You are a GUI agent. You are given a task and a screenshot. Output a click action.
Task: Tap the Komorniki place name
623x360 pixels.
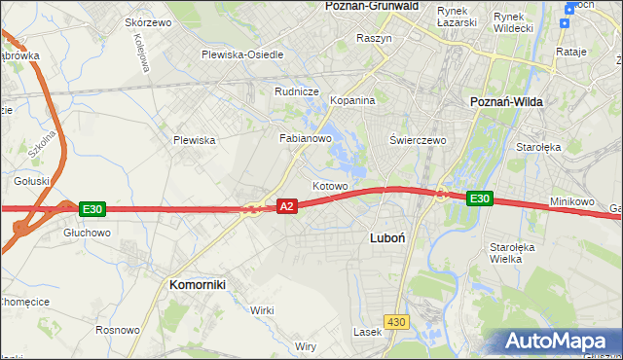tap(198, 284)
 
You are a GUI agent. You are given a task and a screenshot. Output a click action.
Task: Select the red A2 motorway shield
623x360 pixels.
tap(286, 206)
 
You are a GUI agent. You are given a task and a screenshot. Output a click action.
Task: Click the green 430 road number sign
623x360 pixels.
tap(395, 321)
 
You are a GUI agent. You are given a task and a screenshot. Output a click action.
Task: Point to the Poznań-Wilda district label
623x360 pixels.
tap(506, 102)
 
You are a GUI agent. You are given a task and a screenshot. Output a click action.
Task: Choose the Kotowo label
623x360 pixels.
tap(329, 185)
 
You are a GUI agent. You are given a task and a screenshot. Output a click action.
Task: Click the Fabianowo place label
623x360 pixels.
tap(307, 138)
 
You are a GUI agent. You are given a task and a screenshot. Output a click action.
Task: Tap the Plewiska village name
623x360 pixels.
tap(194, 140)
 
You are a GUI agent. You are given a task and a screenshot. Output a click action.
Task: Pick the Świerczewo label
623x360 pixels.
tap(418, 139)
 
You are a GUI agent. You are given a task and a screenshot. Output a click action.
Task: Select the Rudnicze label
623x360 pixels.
tap(297, 91)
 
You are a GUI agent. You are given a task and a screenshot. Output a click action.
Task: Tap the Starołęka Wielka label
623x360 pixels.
tap(512, 253)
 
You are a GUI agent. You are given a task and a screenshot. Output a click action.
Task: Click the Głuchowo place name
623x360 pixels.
tap(87, 233)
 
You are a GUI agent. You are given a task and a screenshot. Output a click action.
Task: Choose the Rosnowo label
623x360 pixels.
tap(117, 330)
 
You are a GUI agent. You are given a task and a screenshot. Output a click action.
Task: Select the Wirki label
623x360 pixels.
tap(262, 309)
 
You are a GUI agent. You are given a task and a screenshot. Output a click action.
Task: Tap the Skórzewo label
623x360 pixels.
tap(148, 21)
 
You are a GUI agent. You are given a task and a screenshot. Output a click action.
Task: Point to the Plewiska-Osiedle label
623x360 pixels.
tap(242, 54)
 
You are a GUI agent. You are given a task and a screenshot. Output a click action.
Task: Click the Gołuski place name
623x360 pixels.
tap(31, 181)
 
